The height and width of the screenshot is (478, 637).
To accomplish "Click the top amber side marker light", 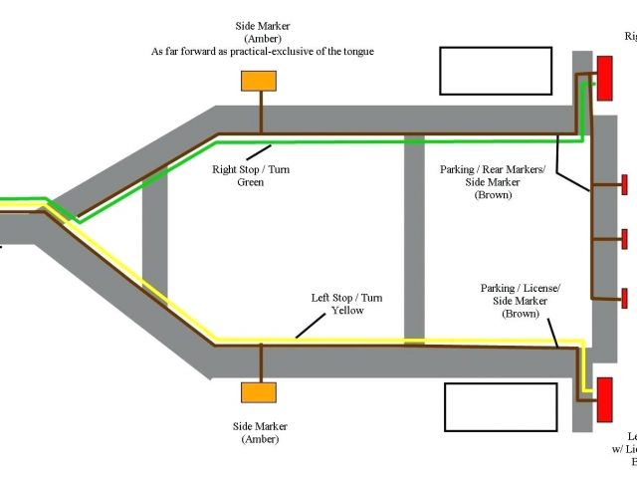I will coord(261,81).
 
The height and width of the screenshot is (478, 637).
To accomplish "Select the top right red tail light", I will coord(604,77).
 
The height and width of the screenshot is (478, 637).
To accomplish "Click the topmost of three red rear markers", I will coord(624,184).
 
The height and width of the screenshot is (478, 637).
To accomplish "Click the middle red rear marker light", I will coord(624,239).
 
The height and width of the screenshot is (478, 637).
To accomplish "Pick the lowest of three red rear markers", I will coord(624,297).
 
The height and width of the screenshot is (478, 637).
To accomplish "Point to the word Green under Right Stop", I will coord(250,182).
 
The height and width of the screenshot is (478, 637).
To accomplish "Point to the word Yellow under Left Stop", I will coord(348,311).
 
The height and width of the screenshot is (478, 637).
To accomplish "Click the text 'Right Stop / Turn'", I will coord(250,169).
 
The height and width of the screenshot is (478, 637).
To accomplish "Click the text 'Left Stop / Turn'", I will coord(347,298).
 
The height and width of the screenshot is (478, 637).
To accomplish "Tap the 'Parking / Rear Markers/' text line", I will coord(492,169).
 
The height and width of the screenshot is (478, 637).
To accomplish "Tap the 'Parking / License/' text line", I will coord(520,288).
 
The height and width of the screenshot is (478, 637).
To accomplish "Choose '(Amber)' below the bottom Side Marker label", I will coord(257,439).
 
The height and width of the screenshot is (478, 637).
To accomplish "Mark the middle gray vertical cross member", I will coord(415,239).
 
